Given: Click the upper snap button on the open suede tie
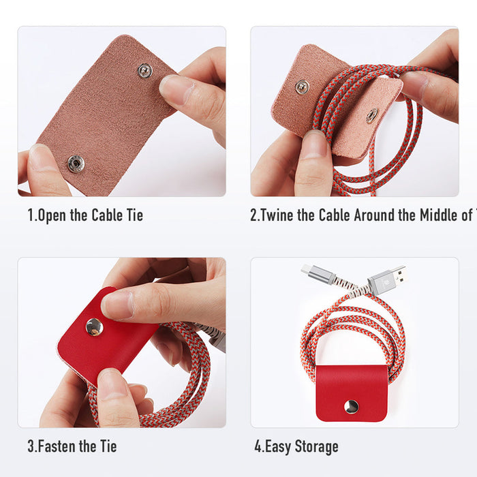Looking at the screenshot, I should coord(144,70).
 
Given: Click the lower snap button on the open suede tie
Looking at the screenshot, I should coord(76,163).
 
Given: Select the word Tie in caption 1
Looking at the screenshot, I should coord(134,216).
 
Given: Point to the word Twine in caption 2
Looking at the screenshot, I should coord(282,216).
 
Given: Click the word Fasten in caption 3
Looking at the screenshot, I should coord(57,447).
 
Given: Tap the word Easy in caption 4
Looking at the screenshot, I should coord(279,447).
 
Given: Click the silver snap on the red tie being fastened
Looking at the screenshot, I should coord(95,327).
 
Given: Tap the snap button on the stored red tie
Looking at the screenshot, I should coord(352,407).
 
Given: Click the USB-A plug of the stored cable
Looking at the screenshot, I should coord(386,279).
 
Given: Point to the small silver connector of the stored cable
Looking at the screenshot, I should coord(318,274).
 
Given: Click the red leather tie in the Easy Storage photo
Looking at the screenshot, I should coord(352,392).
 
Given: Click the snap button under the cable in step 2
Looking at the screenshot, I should coord(371,116).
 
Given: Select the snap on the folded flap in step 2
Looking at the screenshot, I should coord(302,87).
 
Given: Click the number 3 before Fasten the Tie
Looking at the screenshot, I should coord(31,447).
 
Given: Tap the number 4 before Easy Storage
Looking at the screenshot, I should coord(258,447).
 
